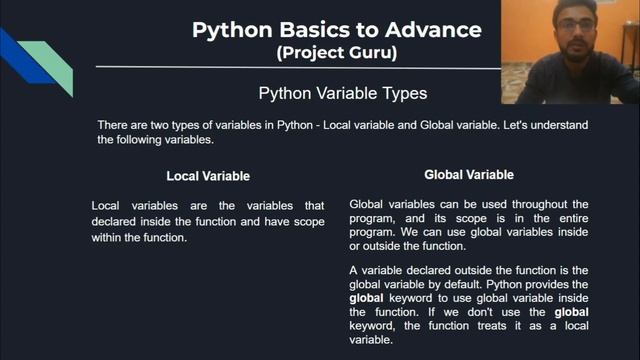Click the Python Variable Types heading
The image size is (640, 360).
coord(343,94)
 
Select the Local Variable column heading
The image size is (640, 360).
coord(208,177)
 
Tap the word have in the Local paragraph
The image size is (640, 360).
coord(278,220)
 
